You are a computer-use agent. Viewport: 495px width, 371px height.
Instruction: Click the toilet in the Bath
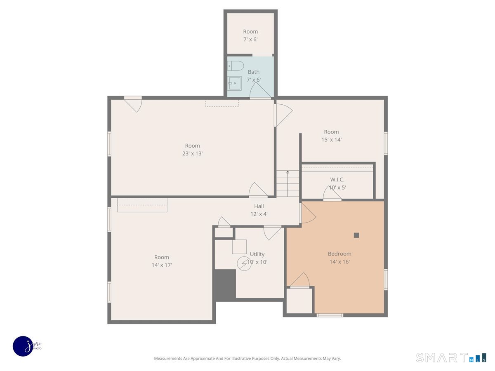236,66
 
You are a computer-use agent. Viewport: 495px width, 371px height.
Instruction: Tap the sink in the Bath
234,83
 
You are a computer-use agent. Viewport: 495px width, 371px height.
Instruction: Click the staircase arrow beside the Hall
288,183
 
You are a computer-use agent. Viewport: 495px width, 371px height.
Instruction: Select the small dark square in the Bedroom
356,235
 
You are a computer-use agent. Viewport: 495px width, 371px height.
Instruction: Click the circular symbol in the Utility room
244,263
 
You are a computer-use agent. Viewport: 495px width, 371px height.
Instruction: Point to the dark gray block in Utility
225,284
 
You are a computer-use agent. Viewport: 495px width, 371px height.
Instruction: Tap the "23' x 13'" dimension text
192,154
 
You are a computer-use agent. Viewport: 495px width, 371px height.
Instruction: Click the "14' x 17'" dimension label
161,265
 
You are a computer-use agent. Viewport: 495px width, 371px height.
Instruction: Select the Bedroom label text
339,254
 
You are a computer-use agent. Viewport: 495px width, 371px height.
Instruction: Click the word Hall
259,206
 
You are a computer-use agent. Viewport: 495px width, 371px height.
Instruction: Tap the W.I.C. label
337,180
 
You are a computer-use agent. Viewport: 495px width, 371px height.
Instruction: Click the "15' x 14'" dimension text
331,140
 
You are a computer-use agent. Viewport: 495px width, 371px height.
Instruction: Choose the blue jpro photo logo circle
23,346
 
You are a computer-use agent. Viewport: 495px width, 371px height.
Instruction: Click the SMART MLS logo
451,357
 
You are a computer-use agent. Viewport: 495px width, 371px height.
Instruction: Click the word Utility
257,254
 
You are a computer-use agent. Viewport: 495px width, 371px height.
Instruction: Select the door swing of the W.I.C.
332,193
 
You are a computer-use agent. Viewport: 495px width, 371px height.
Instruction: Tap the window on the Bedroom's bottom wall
330,315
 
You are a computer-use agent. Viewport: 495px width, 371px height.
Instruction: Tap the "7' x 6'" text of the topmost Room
250,40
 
